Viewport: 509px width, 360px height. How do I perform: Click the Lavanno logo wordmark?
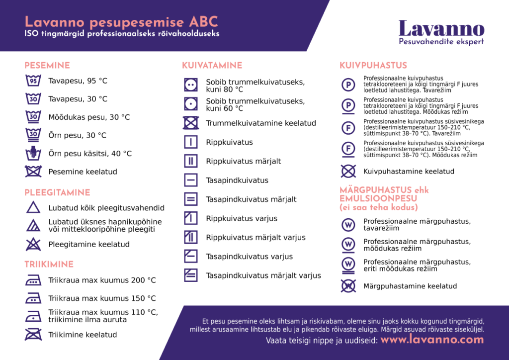tap(441, 28)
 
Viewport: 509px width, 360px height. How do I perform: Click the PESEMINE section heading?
tap(47, 66)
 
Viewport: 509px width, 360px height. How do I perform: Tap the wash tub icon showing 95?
tap(33, 81)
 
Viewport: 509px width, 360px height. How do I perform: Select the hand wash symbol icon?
tap(33, 153)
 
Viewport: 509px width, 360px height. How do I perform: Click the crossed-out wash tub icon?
tap(33, 172)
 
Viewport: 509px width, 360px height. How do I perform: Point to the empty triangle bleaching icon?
tap(33, 208)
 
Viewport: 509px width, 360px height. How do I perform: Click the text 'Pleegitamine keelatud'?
tap(89, 244)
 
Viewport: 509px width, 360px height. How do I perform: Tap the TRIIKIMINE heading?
tap(49, 265)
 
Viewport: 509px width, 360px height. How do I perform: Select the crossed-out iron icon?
tap(33, 335)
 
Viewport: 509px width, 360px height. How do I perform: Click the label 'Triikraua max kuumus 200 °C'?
tap(102, 280)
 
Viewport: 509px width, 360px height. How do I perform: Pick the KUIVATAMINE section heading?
tap(212, 66)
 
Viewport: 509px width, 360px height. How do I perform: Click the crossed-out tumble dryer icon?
tap(191, 123)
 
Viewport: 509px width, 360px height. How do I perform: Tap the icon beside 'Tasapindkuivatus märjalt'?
tap(191, 199)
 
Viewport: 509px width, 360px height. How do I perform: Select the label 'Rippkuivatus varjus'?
tap(242, 218)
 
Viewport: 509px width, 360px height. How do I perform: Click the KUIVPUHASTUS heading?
tap(373, 66)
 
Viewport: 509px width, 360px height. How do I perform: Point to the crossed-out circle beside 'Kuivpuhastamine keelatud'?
tap(348, 172)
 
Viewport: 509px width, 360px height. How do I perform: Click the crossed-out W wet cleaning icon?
tap(348, 286)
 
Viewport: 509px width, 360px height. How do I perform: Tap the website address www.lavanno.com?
tap(432, 340)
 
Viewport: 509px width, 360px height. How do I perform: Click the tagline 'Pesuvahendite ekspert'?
tap(441, 42)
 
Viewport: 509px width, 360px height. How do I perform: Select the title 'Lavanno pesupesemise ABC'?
tap(121, 22)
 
